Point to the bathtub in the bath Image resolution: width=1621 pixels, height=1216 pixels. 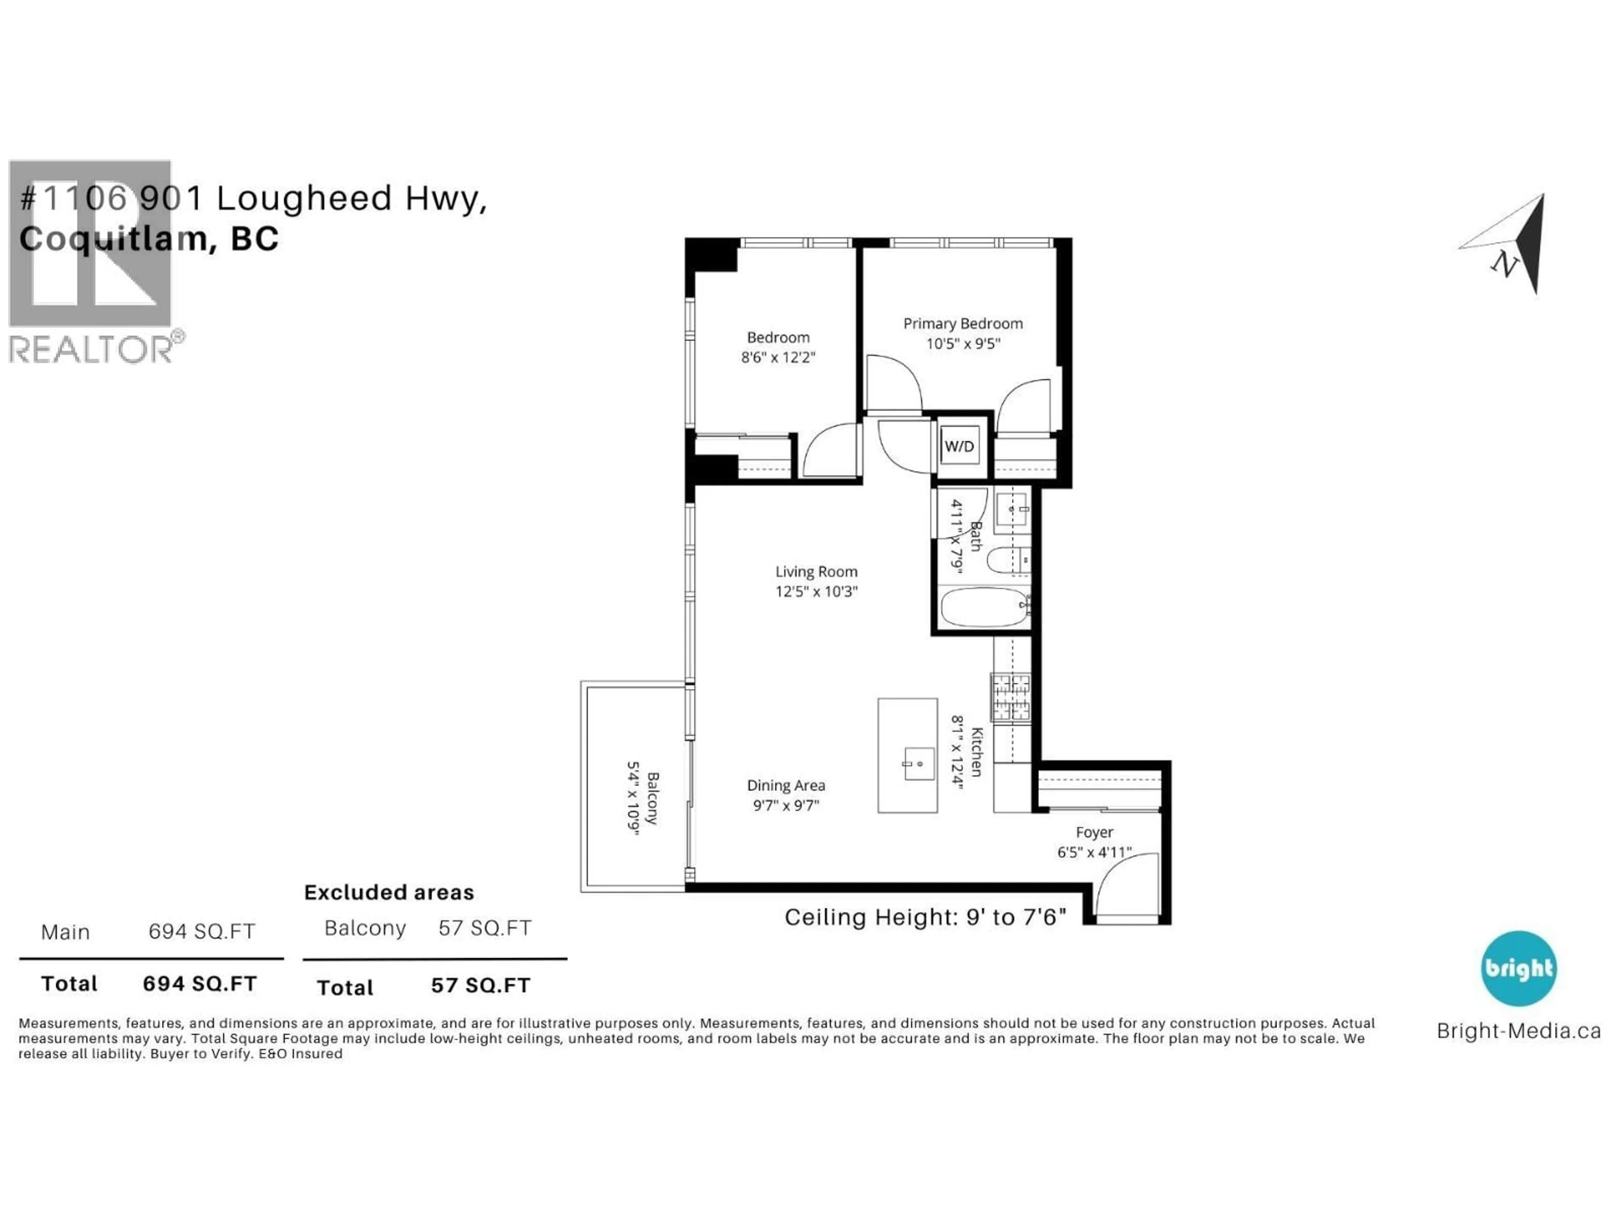pyautogui.click(x=984, y=606)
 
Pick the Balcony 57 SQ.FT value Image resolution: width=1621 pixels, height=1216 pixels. pyautogui.click(x=484, y=928)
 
